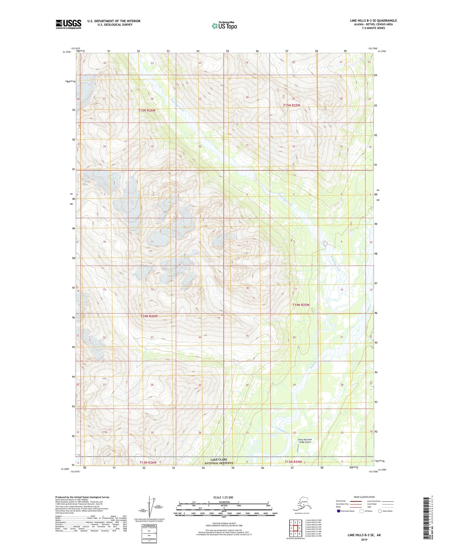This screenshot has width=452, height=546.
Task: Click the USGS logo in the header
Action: click(x=68, y=24)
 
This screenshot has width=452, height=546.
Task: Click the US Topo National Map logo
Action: click(x=224, y=25)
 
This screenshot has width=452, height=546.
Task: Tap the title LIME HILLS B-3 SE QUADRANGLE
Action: click(x=373, y=21)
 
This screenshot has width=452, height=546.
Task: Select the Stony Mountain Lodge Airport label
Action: click(x=305, y=441)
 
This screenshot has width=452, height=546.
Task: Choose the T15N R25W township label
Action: click(x=292, y=105)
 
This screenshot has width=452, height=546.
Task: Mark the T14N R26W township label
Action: click(x=149, y=316)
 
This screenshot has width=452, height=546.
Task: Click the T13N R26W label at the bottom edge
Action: click(x=148, y=462)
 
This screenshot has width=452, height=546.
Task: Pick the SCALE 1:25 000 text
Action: click(x=223, y=497)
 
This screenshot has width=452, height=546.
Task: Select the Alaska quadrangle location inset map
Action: click(x=302, y=504)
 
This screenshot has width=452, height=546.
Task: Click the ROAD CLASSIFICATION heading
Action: click(x=364, y=497)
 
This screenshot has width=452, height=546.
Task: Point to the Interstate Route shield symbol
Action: click(x=339, y=511)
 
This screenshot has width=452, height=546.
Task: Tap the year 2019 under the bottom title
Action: click(x=364, y=539)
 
